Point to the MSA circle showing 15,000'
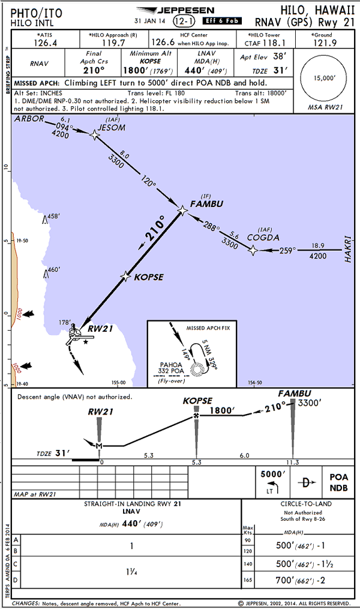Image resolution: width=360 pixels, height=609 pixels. tap(325, 78)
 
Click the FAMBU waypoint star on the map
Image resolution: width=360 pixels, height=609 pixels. tap(183, 210)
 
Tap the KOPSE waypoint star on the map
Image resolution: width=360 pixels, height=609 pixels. tap(125, 276)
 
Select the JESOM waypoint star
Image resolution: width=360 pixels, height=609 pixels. tap(94, 135)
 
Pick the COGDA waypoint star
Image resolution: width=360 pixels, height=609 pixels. tap(253, 251)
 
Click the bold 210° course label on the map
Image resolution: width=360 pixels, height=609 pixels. tap(153, 230)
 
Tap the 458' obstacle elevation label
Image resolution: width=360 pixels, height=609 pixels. tap(54, 216)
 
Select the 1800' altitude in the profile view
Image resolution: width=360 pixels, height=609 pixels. tap(220, 412)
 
